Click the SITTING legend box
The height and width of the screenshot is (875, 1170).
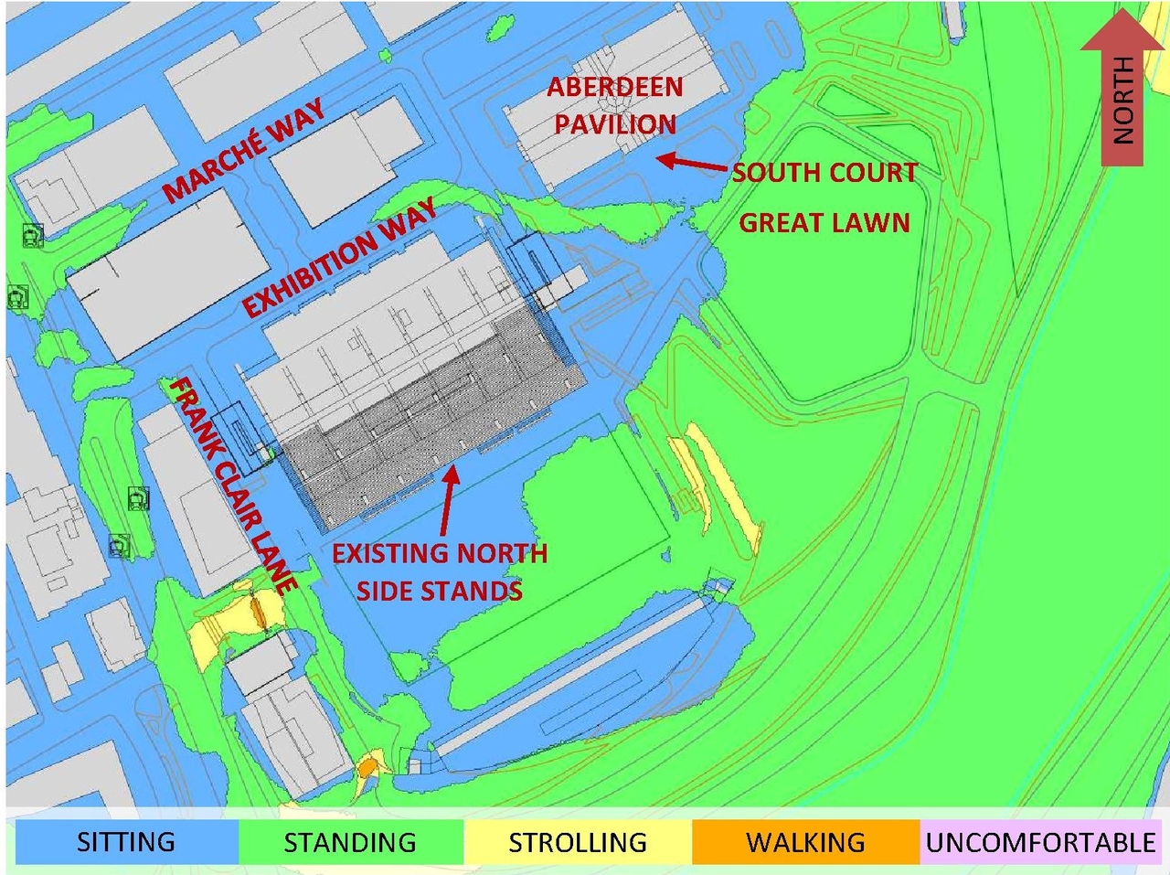[126, 841]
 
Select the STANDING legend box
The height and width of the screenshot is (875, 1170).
[350, 841]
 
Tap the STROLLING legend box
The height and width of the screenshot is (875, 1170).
[577, 841]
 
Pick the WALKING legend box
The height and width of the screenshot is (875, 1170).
[805, 841]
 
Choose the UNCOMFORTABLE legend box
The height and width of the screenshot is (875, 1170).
[1040, 841]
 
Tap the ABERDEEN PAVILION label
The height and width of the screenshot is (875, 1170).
[615, 106]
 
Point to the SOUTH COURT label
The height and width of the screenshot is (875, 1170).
[824, 173]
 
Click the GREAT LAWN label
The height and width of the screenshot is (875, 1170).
[824, 222]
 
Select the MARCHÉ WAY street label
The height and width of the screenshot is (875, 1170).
[244, 150]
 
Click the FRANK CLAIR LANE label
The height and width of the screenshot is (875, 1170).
[233, 485]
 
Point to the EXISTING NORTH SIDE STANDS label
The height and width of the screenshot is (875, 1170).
[440, 572]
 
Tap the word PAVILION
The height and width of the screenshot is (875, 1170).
[615, 124]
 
